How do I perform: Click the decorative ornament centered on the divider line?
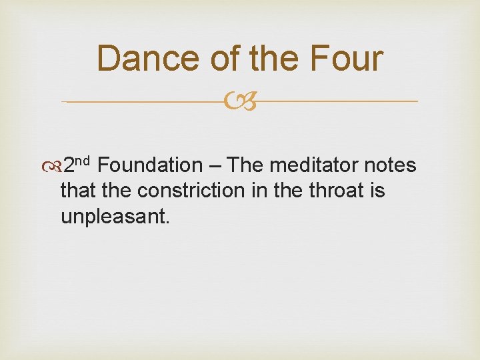(x=239, y=101)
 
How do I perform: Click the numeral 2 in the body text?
(x=69, y=165)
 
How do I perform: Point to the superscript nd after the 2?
(x=87, y=161)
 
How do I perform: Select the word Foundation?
(x=153, y=165)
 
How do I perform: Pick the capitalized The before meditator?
(x=248, y=165)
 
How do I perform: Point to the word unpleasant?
(x=115, y=216)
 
